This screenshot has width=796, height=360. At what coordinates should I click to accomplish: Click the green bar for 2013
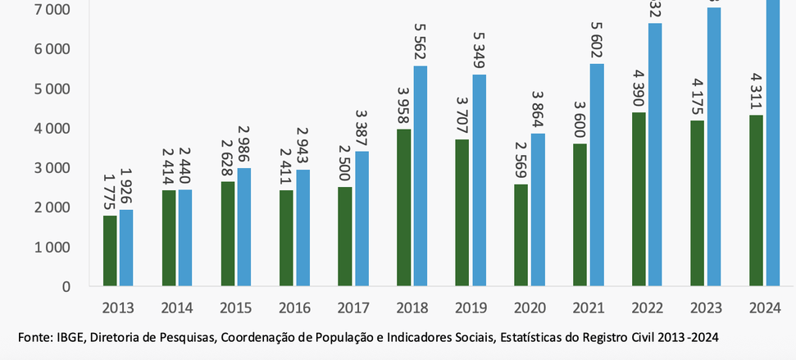point(110,251)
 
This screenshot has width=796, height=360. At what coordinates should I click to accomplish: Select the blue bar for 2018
point(421,176)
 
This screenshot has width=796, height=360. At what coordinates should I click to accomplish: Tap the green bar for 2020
point(521,235)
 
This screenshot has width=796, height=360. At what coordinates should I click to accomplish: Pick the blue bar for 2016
point(303,228)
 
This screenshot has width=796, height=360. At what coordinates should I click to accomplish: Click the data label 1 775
point(110,192)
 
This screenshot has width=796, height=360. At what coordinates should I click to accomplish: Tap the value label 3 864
point(537,109)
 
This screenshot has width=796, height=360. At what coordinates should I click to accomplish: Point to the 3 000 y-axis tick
point(52,168)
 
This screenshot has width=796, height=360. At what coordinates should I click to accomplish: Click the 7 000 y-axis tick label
point(52,10)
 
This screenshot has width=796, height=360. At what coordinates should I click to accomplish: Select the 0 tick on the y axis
point(66,287)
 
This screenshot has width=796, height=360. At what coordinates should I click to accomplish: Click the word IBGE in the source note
point(69,338)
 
